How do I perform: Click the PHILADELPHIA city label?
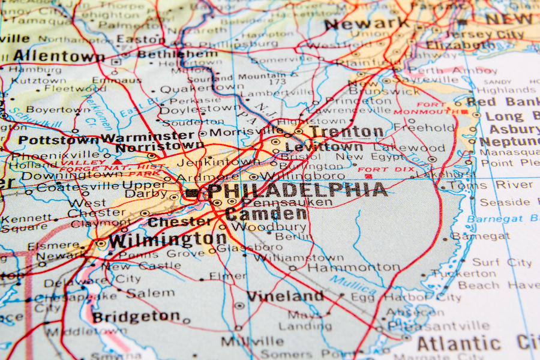click(297, 191)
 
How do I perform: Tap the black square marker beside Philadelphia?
click(191, 193)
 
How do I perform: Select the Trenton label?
click(347, 131)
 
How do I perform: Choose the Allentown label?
click(59, 56)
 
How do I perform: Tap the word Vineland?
click(285, 296)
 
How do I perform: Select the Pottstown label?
click(58, 140)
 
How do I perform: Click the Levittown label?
click(324, 146)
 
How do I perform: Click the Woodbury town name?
click(269, 227)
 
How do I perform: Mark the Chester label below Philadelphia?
click(179, 221)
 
